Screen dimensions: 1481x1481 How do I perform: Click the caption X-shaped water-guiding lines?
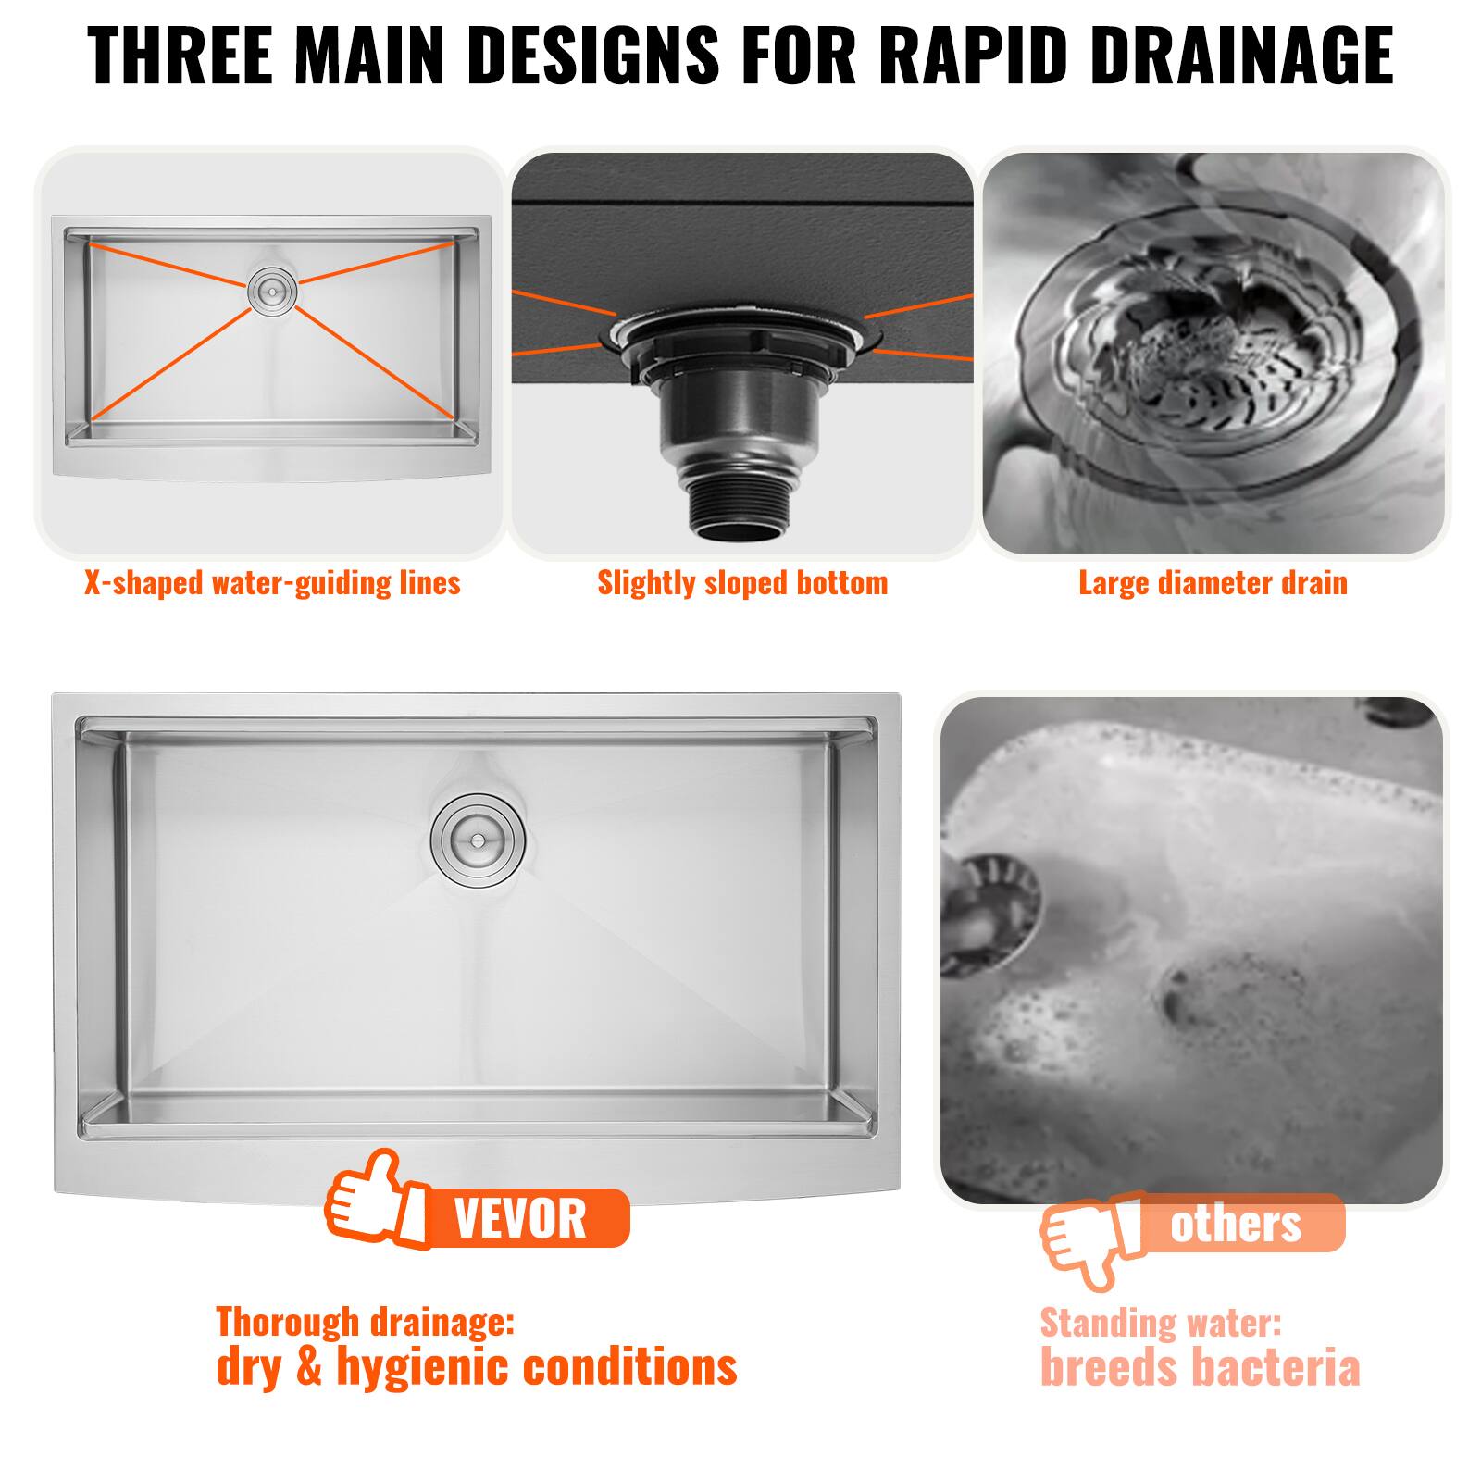[x=272, y=583]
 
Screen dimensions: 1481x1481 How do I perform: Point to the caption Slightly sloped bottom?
[x=742, y=583]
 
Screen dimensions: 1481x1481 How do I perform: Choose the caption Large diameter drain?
[x=1213, y=583]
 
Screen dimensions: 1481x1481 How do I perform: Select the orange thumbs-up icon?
[x=376, y=1198]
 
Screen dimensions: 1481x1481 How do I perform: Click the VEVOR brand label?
[x=520, y=1218]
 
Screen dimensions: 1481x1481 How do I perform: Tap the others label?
[x=1236, y=1224]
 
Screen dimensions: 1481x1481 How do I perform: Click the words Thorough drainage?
[x=365, y=1322]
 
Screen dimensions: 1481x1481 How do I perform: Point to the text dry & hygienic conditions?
[x=477, y=1367]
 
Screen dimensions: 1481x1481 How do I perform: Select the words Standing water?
[x=1161, y=1324]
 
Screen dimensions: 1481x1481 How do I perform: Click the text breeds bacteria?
[x=1201, y=1368]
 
